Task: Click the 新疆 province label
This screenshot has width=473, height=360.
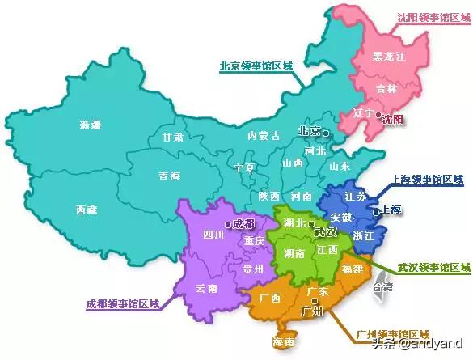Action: point(91,125)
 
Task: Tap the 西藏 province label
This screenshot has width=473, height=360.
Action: point(87,210)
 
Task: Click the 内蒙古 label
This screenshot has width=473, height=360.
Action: point(264,135)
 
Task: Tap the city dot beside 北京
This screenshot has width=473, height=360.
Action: point(327,132)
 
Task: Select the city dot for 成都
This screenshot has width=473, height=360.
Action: point(228,224)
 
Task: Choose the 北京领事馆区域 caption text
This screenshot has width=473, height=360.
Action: point(256,66)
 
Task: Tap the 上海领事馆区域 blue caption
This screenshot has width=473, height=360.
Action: point(428,180)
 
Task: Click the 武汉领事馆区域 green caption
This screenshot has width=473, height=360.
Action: point(433,267)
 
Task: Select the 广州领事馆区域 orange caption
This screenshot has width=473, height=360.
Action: point(392,333)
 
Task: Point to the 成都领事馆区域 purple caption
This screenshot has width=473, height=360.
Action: point(123,305)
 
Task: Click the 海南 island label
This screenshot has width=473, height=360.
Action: point(283,343)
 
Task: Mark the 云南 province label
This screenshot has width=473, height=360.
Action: point(207,288)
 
